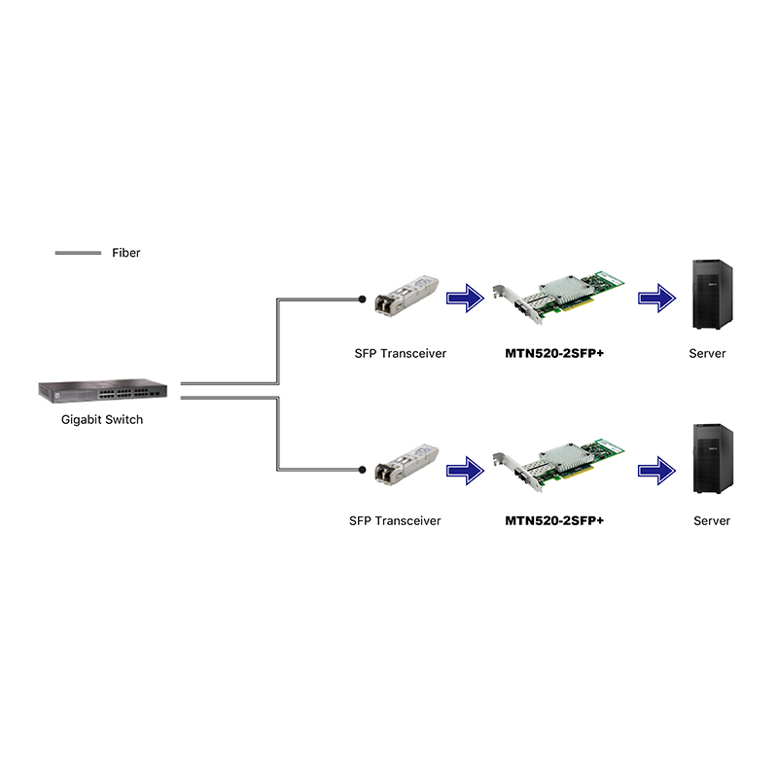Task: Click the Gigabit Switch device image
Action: pos(102,390)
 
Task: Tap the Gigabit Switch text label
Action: pos(102,420)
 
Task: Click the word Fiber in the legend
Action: pos(126,253)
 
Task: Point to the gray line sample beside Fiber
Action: pos(78,253)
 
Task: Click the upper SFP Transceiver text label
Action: pos(400,353)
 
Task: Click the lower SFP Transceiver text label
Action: pos(395,520)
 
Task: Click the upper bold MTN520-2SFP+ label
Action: pos(554,353)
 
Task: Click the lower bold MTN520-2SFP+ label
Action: pos(554,520)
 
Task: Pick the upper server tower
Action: pos(708,295)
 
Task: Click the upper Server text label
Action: pos(707,353)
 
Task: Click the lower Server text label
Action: pos(711,520)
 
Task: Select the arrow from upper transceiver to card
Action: pos(466,298)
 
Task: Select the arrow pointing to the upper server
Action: pos(658,298)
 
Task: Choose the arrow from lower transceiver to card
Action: pos(466,472)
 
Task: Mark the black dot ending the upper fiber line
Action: pos(363,300)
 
